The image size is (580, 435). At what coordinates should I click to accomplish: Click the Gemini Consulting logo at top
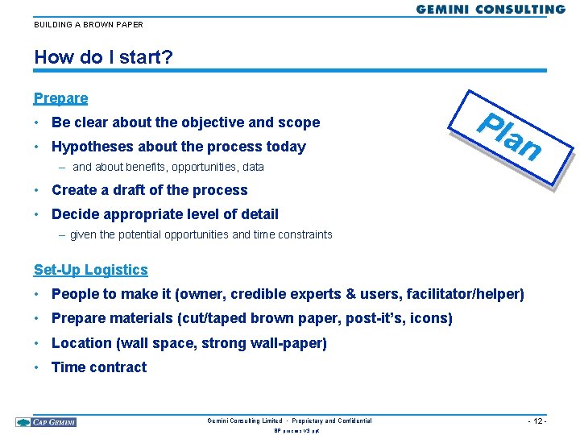tap(491, 10)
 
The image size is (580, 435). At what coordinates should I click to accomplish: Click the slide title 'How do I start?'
tap(103, 57)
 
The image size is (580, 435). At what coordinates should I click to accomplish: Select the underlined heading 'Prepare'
tap(60, 98)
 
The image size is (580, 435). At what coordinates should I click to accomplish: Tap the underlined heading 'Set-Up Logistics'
tap(91, 270)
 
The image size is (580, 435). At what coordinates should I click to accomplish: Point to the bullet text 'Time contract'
tap(99, 367)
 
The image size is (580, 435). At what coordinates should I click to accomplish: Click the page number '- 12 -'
tap(536, 421)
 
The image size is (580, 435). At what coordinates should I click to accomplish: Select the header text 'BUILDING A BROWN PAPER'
tap(89, 25)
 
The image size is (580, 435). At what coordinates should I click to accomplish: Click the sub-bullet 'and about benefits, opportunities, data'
tap(168, 168)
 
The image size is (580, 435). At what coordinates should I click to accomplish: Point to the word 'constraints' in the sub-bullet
tap(303, 234)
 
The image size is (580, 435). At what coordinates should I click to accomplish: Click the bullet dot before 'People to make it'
tap(38, 294)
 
